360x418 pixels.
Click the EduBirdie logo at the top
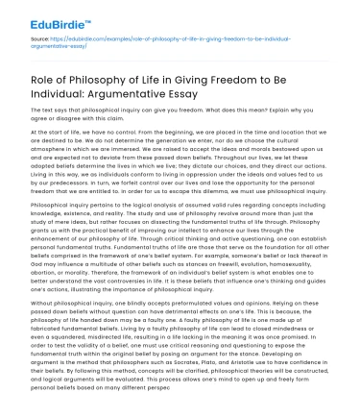click(x=45, y=16)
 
